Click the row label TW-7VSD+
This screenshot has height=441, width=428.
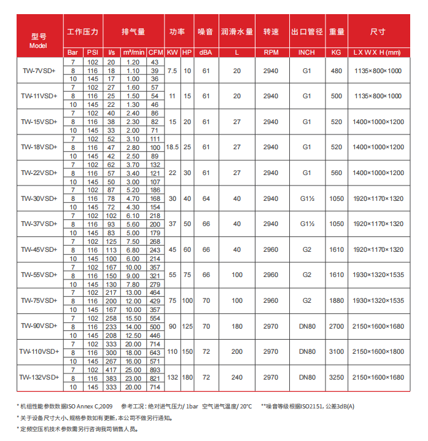(x=38, y=71)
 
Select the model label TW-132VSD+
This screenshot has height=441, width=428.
(x=38, y=377)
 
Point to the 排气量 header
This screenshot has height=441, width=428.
(x=133, y=31)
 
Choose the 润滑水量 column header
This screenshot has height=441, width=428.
(x=237, y=31)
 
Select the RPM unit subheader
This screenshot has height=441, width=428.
(x=270, y=53)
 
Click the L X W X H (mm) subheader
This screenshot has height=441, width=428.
(x=377, y=53)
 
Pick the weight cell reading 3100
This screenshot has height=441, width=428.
(x=337, y=351)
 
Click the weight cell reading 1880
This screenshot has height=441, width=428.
(x=337, y=300)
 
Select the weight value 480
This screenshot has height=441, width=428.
(x=337, y=71)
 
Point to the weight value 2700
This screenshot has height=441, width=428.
(x=337, y=326)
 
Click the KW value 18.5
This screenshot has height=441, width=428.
(x=173, y=147)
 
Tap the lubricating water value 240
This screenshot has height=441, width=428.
(x=237, y=377)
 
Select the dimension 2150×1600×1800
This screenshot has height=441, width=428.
(x=377, y=351)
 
